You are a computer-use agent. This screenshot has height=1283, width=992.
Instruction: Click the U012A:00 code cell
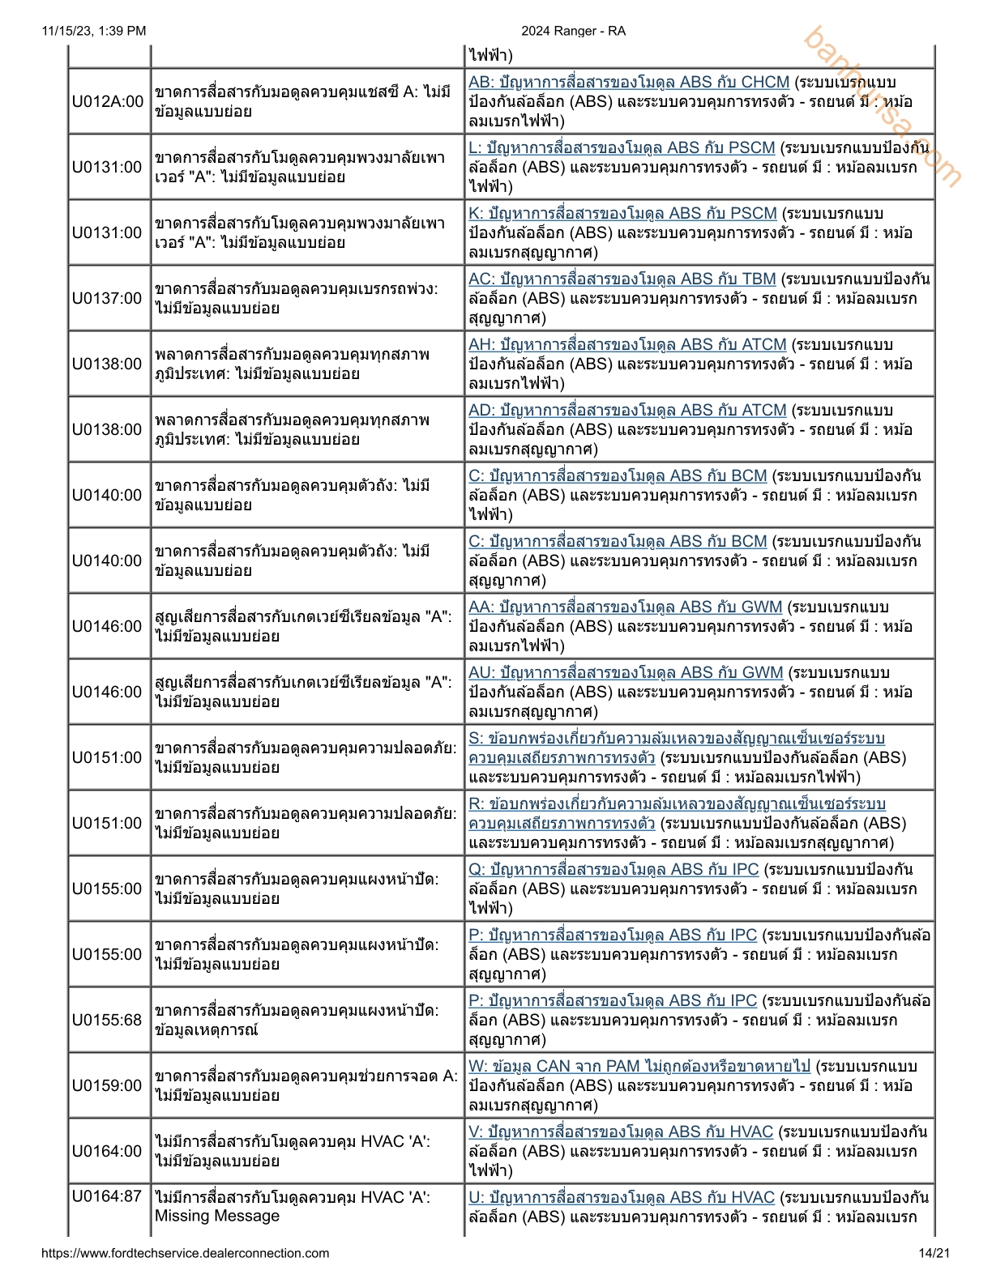point(108,102)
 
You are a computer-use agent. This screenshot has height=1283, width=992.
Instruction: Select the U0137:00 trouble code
point(108,299)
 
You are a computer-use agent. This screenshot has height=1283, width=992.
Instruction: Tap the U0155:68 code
point(108,1021)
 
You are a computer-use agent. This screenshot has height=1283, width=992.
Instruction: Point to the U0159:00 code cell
point(108,1086)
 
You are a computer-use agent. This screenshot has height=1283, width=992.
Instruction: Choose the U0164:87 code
point(108,1197)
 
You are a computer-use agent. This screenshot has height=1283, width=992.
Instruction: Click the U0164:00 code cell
point(108,1152)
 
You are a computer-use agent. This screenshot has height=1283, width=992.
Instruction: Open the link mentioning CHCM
point(629,83)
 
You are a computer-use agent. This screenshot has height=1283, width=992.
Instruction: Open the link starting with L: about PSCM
point(622,148)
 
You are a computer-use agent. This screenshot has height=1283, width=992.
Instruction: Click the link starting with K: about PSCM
point(622,214)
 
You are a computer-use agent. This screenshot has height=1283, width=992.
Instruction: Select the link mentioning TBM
point(622,279)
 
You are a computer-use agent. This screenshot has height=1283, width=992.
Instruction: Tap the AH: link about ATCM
point(627,345)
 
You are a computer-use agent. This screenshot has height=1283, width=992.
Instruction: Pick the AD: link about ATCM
point(627,411)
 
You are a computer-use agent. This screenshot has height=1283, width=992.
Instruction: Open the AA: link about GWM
point(626,607)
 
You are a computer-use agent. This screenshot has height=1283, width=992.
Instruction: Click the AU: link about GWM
point(626,673)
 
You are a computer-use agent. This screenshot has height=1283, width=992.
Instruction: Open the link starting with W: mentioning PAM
point(639,1067)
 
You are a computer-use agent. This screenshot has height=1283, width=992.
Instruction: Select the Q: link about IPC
point(614,870)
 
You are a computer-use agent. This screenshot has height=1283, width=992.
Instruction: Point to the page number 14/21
point(934,1254)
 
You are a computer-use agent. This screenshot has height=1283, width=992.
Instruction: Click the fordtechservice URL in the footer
point(186,1254)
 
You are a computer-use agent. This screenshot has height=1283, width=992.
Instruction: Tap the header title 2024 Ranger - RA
point(573,31)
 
